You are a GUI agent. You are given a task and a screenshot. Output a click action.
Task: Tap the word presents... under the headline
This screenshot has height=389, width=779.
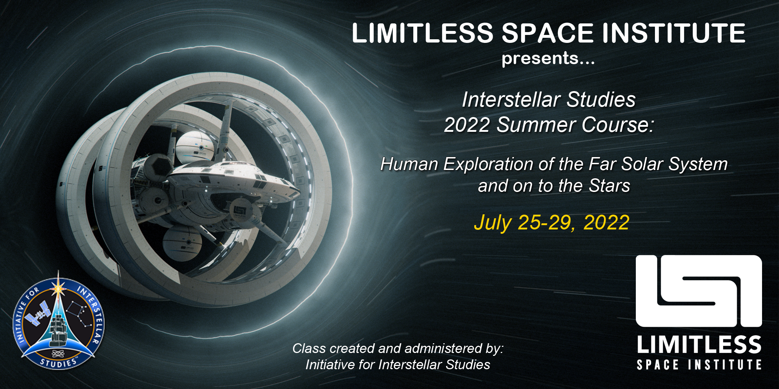coord(548,58)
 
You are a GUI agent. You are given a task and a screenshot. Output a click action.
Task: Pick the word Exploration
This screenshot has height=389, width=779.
coord(488,165)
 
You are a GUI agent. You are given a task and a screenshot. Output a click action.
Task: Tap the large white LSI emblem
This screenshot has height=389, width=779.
coord(699,291)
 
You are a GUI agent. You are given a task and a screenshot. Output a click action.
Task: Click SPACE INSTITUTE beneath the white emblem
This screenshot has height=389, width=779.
coord(699,365)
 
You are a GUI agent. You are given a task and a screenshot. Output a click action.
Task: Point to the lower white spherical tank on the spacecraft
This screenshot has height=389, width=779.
coord(182,243)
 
